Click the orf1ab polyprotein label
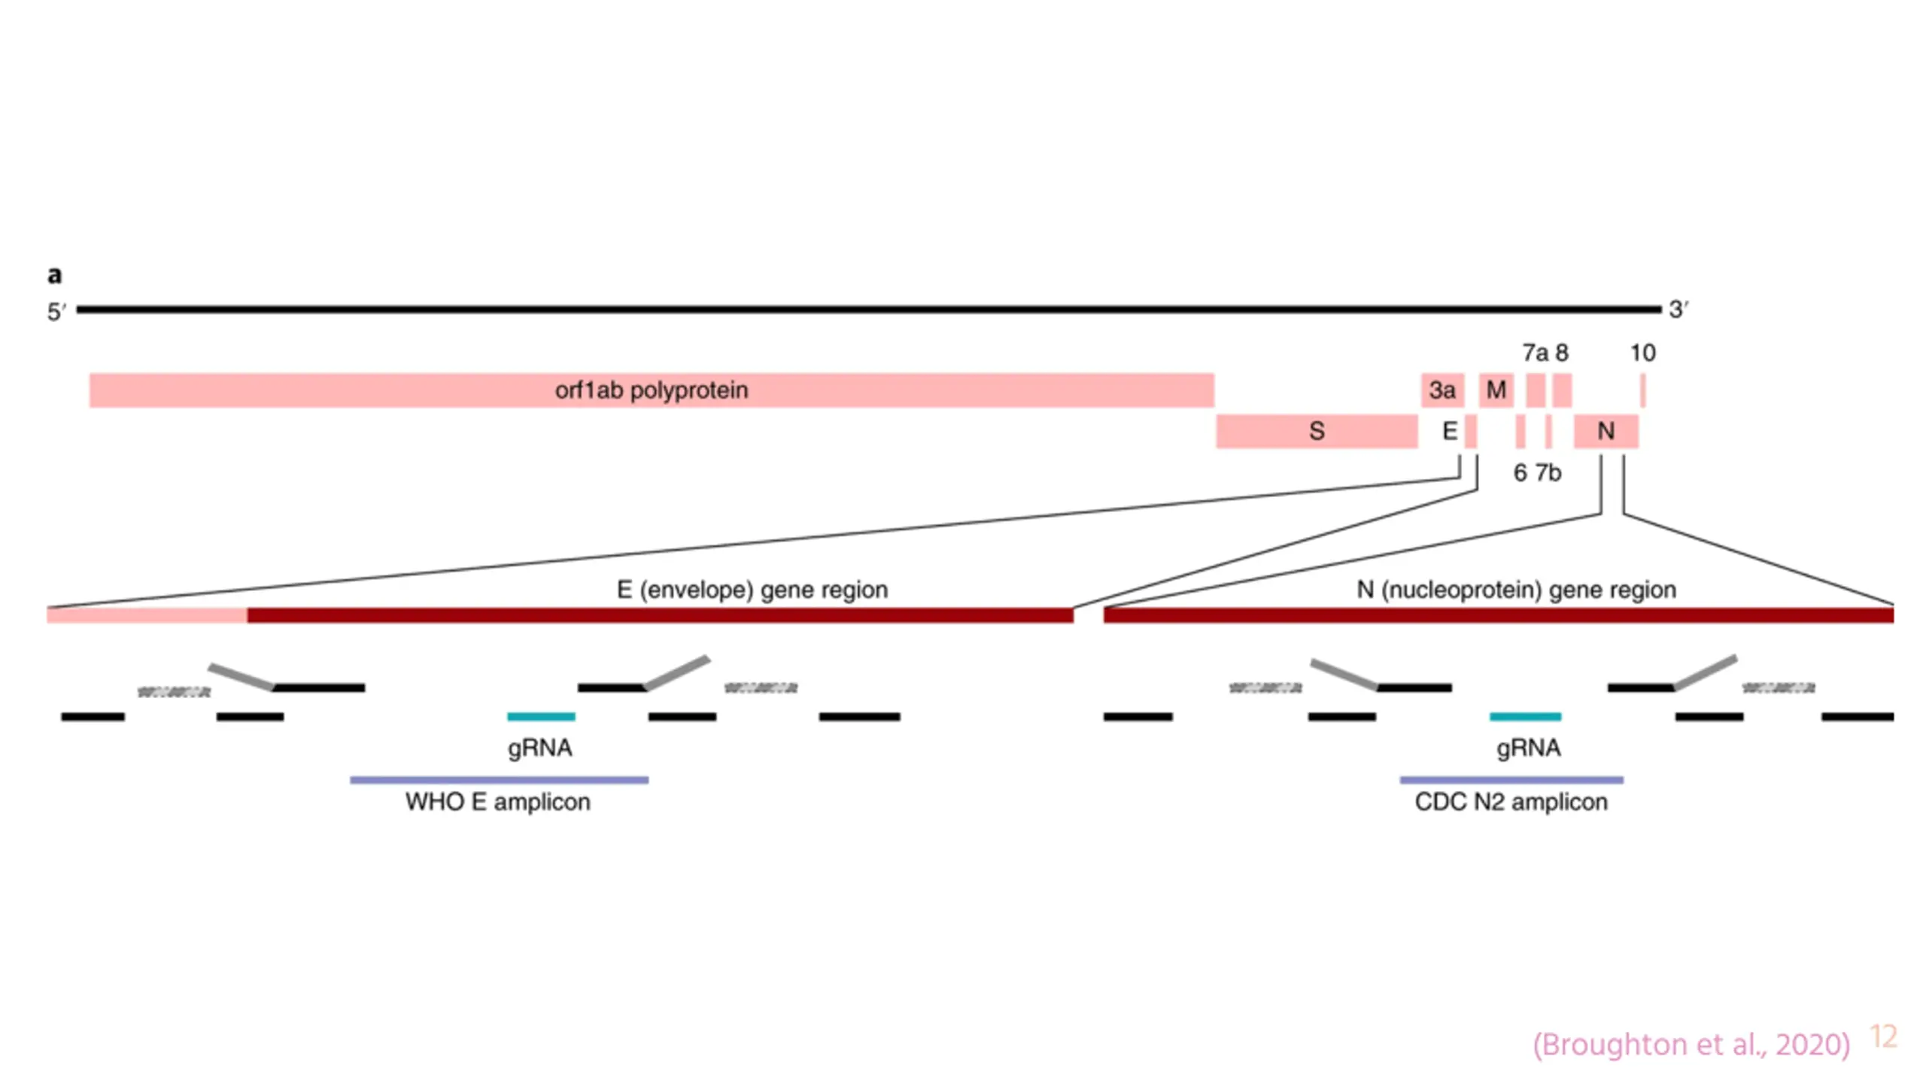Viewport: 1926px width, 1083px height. click(x=652, y=390)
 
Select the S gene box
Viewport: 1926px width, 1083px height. click(x=1317, y=431)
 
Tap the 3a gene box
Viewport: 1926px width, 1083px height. click(x=1442, y=390)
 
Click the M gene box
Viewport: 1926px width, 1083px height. click(x=1496, y=390)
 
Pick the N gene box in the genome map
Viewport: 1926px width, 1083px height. click(x=1606, y=431)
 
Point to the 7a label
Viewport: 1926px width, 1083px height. click(x=1535, y=353)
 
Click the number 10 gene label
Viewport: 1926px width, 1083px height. click(x=1642, y=353)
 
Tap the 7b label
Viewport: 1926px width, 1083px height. click(x=1548, y=472)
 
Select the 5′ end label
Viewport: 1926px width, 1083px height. click(x=57, y=311)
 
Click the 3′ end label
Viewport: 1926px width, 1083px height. click(x=1678, y=309)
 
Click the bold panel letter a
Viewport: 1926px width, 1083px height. click(x=54, y=275)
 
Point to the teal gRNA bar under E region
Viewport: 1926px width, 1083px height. click(x=541, y=717)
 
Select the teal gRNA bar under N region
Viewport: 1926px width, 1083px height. click(x=1525, y=717)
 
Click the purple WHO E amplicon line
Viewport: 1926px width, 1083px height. click(x=499, y=780)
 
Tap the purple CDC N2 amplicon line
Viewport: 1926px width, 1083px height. click(x=1511, y=780)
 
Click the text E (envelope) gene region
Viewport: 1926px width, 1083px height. click(x=752, y=590)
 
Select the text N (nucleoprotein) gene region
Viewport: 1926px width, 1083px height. click(x=1516, y=590)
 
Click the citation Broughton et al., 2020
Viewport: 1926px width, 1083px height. click(x=1691, y=1044)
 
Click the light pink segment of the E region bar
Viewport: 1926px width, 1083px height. click(x=147, y=615)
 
